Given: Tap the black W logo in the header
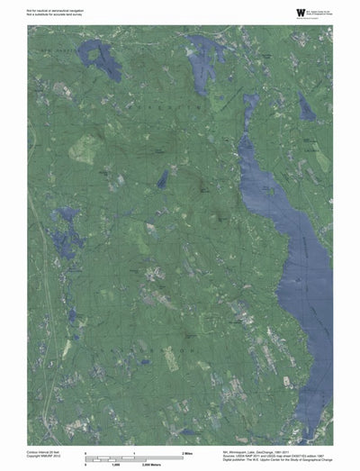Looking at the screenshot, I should coord(274,11).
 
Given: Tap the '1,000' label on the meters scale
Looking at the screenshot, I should coord(115,465).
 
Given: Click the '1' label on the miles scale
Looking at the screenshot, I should coord(134,451).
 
